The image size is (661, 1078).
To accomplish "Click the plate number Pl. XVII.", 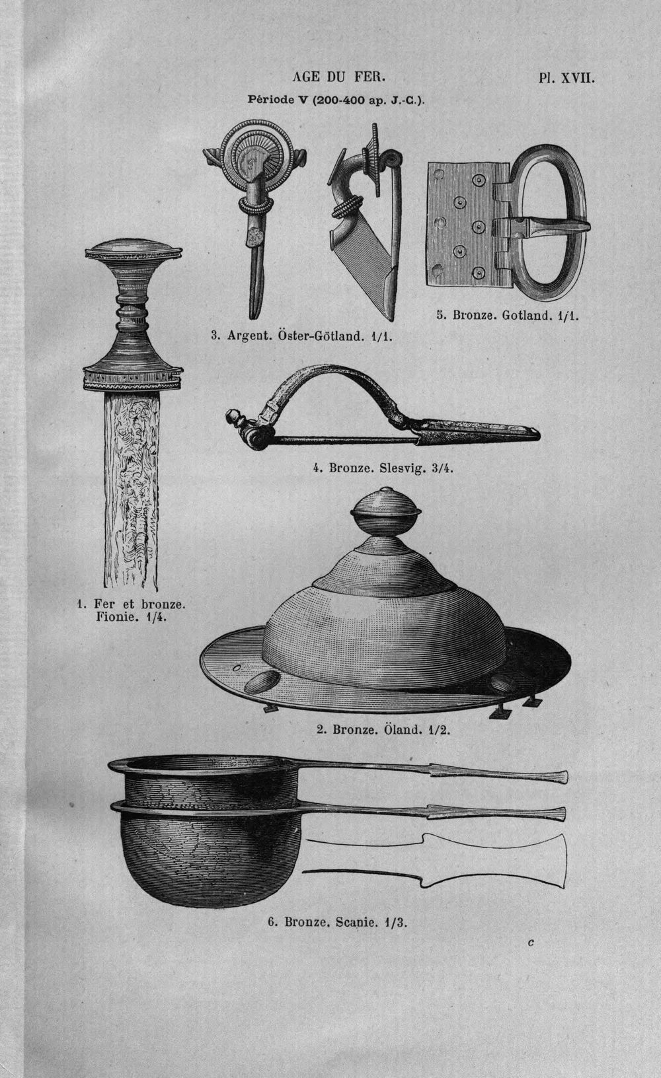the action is pyautogui.click(x=566, y=78).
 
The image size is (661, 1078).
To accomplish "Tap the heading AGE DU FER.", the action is pyautogui.click(x=339, y=77).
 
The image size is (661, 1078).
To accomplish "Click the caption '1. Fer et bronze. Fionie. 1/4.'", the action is pyautogui.click(x=132, y=610).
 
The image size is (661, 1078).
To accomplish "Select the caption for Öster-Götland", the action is pyautogui.click(x=302, y=336).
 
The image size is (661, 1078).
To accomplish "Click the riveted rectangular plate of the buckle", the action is pyautogui.click(x=467, y=224).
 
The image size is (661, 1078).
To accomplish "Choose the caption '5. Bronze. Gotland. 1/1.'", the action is pyautogui.click(x=508, y=316).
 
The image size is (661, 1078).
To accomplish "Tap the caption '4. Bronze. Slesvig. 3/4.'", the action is pyautogui.click(x=383, y=468).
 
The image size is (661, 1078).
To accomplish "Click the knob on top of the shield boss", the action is pyautogui.click(x=385, y=511).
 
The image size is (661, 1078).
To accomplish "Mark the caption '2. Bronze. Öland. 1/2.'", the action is pyautogui.click(x=383, y=729).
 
